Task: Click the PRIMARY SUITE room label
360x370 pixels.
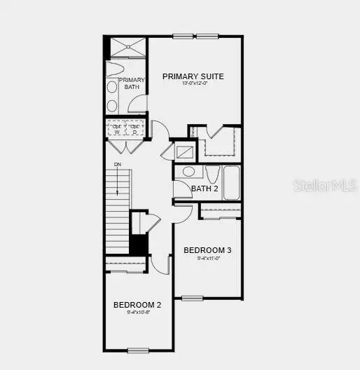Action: point(193,76)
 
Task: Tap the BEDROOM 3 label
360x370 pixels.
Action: point(207,250)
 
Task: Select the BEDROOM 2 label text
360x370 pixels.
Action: point(138,305)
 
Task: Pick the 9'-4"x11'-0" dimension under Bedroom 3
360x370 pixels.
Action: point(207,259)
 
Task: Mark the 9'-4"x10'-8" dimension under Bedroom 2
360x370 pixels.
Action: point(138,313)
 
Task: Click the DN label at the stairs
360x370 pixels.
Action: point(117,165)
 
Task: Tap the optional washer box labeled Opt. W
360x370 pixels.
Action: point(116,129)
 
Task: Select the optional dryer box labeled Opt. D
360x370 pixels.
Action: point(134,129)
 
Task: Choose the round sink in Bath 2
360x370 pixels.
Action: point(188,172)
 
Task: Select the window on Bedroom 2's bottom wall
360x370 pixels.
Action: point(138,350)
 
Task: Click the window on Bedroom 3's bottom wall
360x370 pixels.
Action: point(193,299)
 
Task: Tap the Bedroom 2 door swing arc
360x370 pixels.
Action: point(161,264)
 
